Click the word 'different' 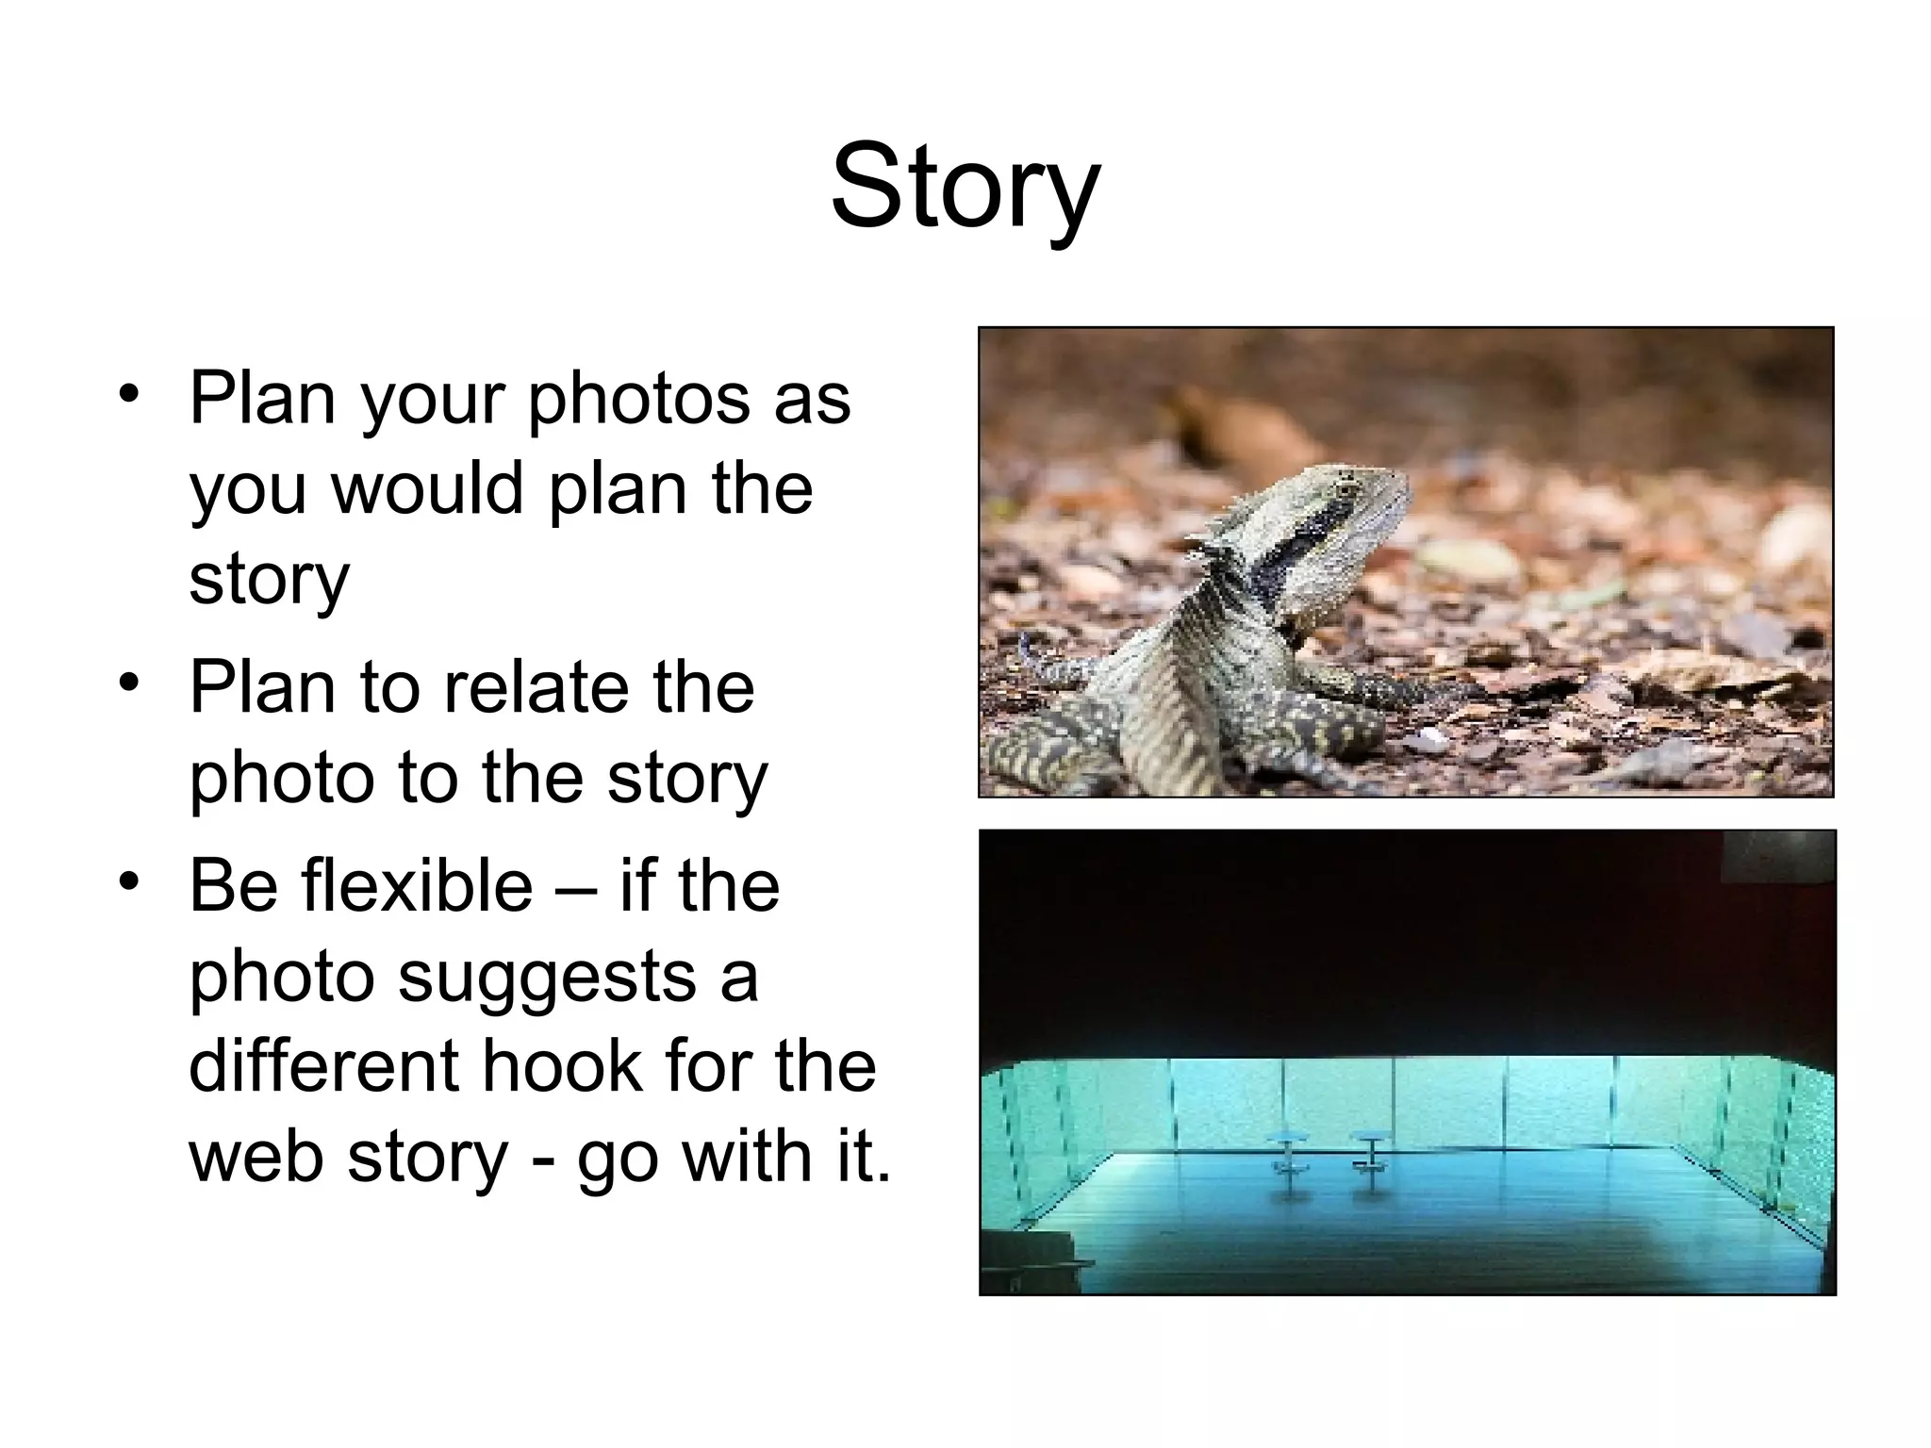(322, 1065)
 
